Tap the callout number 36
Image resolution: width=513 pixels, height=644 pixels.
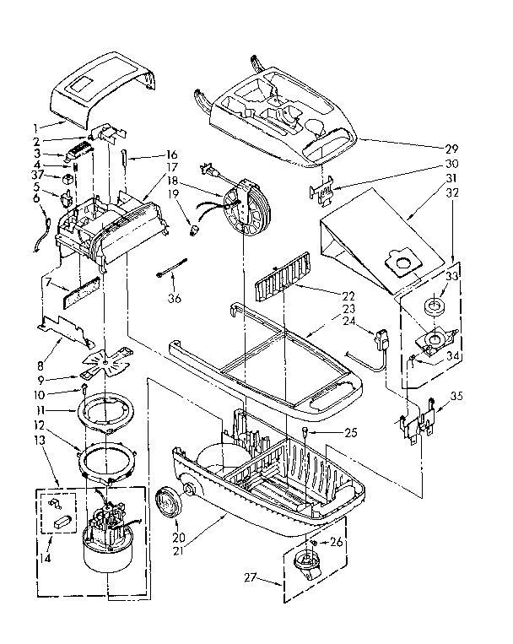tap(175, 297)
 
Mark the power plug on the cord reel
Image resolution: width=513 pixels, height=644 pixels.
tap(208, 170)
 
